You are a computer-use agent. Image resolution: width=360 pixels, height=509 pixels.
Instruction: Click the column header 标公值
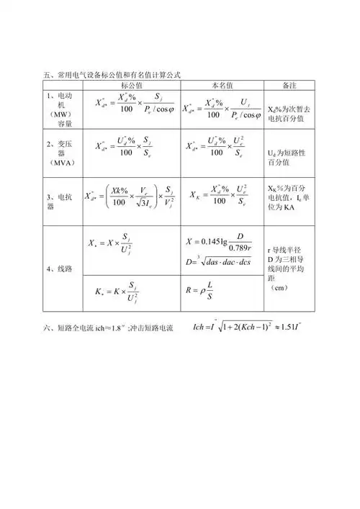click(131, 85)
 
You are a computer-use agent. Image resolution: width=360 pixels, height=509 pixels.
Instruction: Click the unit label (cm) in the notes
click(281, 288)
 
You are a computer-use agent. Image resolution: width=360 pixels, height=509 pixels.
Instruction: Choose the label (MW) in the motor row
click(60, 114)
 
